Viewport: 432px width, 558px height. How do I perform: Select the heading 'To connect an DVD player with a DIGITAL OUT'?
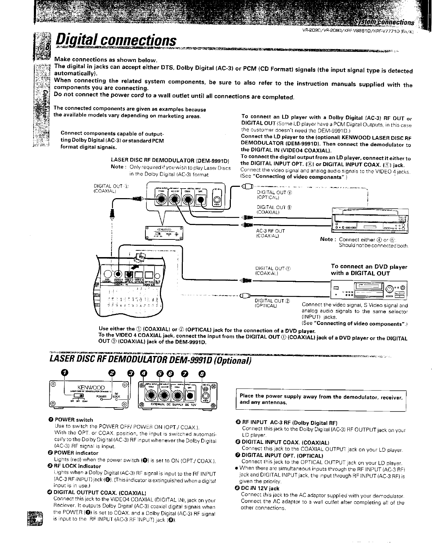[x=368, y=270]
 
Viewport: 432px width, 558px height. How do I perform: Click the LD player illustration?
[x=370, y=221]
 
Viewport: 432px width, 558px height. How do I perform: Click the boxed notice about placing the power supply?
[x=320, y=399]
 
